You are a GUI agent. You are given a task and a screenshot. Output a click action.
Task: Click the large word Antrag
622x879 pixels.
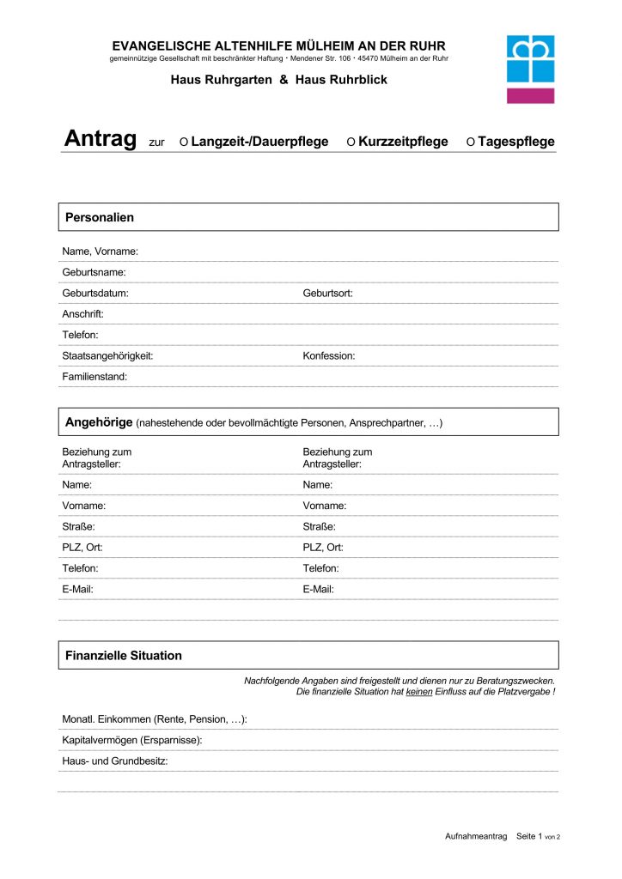100,140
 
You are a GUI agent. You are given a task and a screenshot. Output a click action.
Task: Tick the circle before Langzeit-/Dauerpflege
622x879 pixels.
184,142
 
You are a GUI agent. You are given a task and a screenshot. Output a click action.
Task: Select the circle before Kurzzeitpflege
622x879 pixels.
351,142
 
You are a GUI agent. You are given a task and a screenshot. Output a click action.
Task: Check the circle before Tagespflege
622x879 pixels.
470,142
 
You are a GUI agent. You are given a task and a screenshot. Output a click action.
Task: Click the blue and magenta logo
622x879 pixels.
530,69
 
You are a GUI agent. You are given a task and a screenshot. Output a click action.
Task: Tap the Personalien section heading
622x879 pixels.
100,217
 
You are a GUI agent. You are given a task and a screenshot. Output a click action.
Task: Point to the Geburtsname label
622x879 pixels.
94,272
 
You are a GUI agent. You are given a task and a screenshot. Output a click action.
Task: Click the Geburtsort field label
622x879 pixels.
327,293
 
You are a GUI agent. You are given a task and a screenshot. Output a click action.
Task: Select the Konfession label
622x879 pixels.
328,355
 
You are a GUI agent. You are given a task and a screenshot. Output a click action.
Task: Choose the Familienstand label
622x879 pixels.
95,376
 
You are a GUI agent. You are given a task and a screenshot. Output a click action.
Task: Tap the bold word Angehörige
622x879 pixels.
99,421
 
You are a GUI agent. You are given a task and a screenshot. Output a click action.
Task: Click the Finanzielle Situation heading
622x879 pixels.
124,655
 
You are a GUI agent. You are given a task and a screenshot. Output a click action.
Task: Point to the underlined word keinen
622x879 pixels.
418,691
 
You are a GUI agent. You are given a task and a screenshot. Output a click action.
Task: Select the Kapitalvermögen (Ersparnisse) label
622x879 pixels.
132,740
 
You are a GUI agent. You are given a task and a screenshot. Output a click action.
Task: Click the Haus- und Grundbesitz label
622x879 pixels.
114,761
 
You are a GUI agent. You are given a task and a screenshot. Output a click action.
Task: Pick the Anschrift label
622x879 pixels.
82,314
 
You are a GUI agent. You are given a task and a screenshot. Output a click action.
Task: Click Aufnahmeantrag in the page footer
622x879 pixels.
476,836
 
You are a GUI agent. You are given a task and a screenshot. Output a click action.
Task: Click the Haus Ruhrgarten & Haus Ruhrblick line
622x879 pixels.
279,80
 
